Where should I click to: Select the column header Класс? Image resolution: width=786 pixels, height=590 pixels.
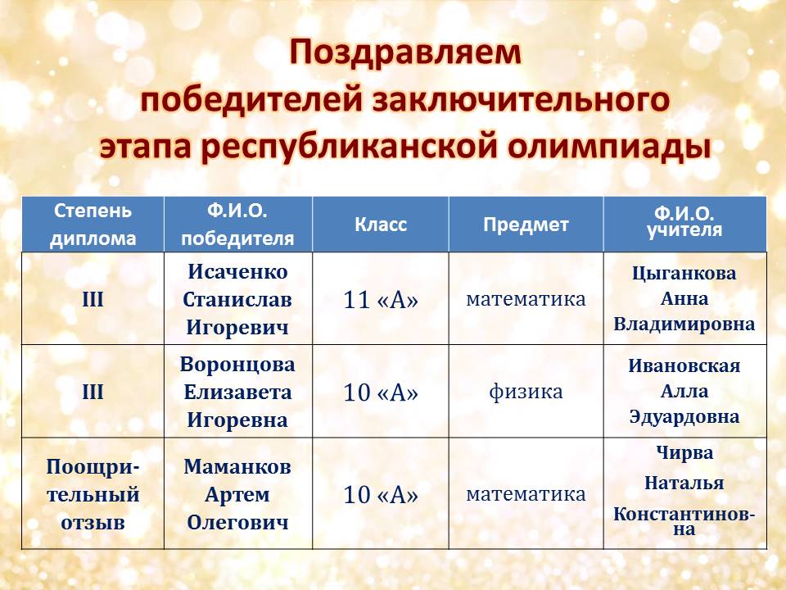click(381, 225)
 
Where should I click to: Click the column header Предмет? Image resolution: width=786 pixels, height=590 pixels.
click(526, 225)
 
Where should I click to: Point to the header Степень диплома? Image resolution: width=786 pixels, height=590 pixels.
click(93, 225)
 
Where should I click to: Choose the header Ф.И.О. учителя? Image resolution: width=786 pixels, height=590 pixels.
click(684, 223)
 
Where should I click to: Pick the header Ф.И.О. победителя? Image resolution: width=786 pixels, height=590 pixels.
click(237, 225)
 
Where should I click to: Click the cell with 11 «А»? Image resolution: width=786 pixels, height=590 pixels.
click(381, 300)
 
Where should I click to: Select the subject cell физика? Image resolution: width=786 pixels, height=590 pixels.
click(526, 392)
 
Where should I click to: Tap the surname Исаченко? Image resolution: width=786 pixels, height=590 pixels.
click(237, 272)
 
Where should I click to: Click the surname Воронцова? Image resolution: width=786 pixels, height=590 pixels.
click(237, 365)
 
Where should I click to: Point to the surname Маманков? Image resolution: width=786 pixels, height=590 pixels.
click(237, 466)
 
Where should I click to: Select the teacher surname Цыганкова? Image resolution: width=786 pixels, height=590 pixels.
click(684, 274)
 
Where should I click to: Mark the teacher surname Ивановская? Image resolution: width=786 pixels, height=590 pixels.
click(684, 365)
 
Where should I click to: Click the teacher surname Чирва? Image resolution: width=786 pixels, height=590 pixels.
click(684, 453)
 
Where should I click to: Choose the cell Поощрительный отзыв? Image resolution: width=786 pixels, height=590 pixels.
click(93, 495)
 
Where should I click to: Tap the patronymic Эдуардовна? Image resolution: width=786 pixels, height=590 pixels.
click(684, 417)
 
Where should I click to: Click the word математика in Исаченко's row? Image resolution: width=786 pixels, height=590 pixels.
click(526, 299)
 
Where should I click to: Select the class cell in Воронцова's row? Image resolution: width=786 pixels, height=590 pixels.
click(381, 393)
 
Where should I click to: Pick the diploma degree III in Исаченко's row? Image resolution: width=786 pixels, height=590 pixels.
click(93, 300)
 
